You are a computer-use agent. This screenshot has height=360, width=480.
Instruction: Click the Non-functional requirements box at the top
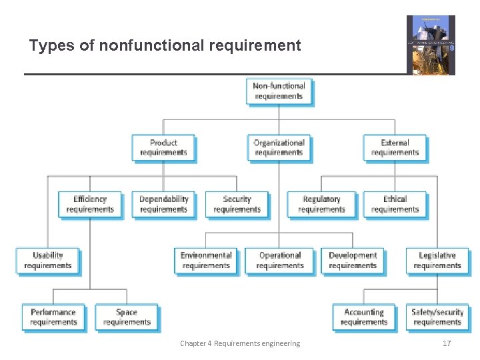279,91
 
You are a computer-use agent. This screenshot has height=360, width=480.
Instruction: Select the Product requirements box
163,147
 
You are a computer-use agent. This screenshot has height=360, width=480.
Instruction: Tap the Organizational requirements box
279,147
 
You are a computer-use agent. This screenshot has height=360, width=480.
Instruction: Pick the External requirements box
395,147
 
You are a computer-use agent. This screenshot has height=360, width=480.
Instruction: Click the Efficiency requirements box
90,204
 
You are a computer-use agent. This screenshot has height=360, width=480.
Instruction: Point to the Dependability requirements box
163,204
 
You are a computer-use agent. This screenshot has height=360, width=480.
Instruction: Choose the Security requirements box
237,204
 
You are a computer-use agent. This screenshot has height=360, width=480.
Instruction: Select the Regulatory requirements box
321,204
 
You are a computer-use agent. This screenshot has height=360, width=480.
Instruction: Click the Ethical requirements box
395,204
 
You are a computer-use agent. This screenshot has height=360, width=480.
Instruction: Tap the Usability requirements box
47,260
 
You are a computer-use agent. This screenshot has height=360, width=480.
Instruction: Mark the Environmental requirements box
206,260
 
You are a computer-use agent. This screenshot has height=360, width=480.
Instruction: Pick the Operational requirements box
279,260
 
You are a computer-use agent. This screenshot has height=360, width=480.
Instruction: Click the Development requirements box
353,260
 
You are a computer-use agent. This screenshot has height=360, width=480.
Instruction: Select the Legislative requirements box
437,260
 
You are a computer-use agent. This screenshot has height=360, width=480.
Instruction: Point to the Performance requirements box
53,317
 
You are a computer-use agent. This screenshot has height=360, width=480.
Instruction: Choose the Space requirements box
127,317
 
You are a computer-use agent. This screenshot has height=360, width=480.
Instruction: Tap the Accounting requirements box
364,317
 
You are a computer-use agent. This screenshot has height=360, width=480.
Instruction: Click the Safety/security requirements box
437,317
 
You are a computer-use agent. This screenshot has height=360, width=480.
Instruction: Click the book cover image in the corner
431,44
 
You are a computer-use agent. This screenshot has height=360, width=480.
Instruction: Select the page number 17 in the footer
447,343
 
